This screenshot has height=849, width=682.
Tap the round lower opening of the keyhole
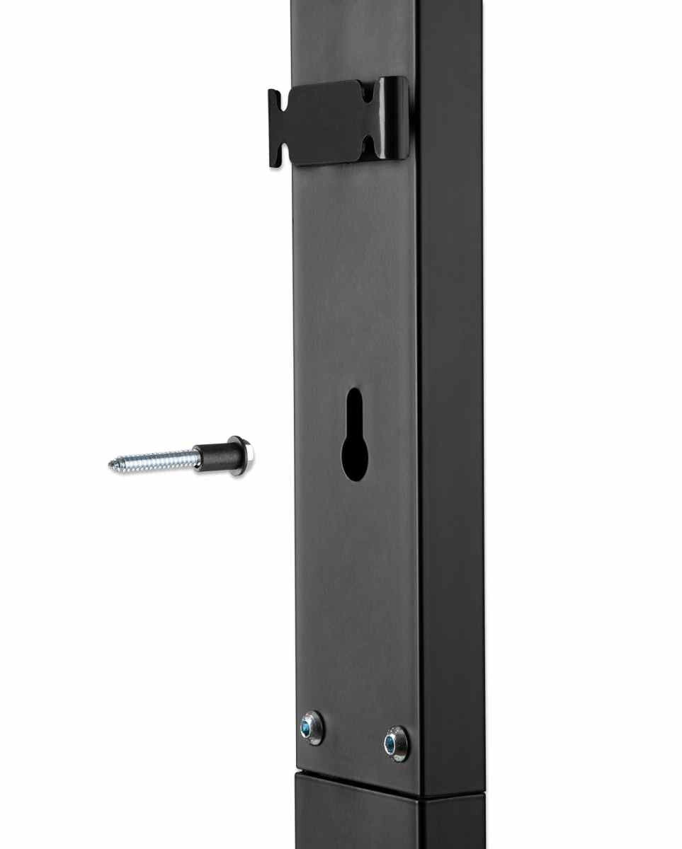coord(355,458)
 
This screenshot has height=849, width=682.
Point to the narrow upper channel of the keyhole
coord(355,410)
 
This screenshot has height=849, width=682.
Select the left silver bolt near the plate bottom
coord(311,728)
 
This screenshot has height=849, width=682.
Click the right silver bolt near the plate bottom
coord(396,744)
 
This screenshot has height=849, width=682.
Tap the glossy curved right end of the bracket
coord(397,113)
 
